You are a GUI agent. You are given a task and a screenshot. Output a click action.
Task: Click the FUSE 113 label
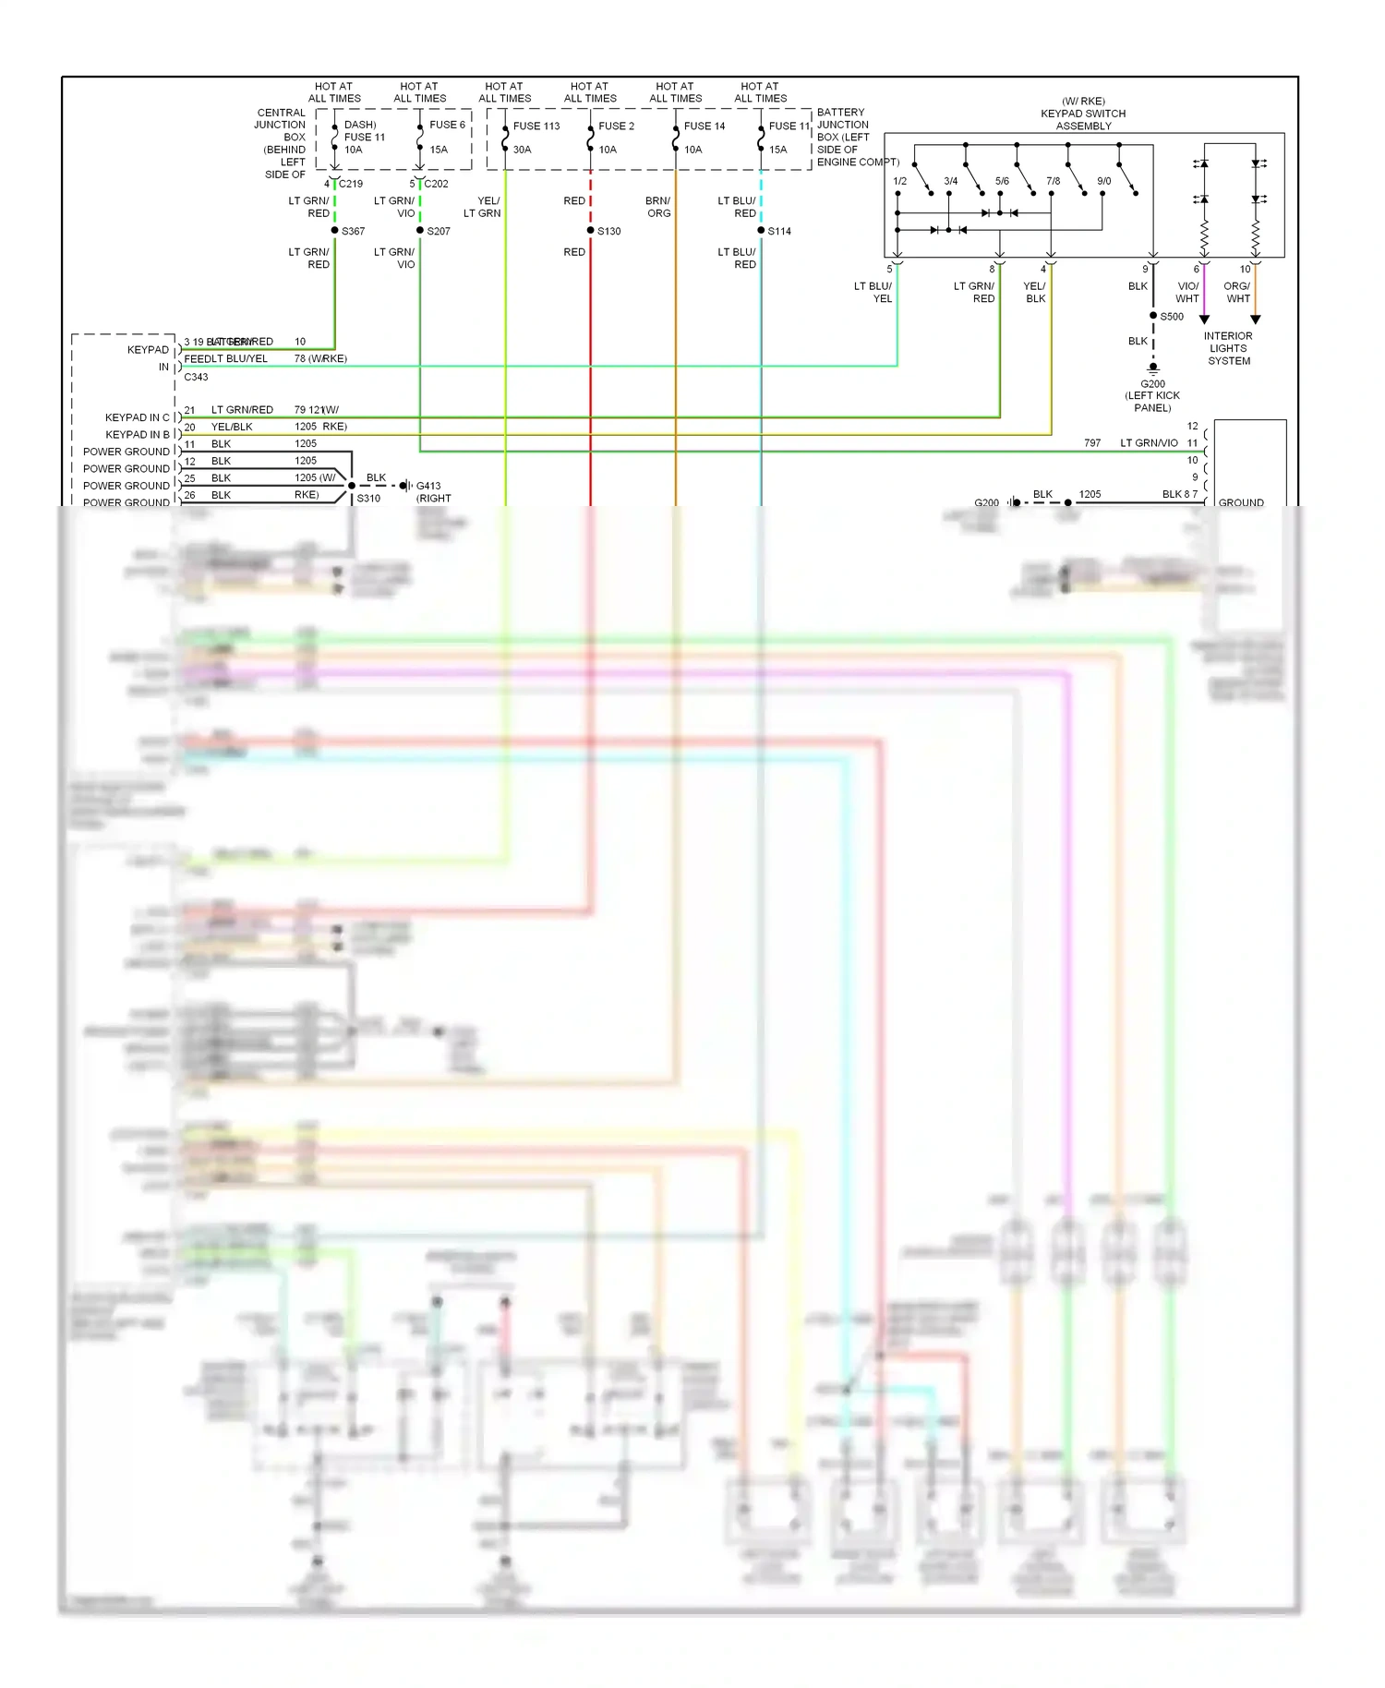click(x=536, y=127)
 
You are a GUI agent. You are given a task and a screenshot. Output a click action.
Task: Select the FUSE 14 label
click(x=705, y=127)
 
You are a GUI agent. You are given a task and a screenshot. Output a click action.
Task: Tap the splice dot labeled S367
click(x=334, y=231)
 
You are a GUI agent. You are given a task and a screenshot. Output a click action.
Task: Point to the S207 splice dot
click(x=420, y=231)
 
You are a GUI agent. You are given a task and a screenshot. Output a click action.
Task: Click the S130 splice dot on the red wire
click(x=591, y=231)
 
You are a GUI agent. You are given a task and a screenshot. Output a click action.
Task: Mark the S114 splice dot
click(x=761, y=231)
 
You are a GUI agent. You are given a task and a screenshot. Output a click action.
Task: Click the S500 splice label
click(x=1172, y=317)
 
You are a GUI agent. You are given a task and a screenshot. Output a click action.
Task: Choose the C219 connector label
click(x=351, y=184)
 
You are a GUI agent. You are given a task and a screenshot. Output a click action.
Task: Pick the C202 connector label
click(x=437, y=184)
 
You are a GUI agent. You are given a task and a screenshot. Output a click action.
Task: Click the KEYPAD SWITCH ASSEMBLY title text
click(x=1083, y=114)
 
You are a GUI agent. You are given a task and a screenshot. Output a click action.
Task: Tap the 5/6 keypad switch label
click(x=1002, y=181)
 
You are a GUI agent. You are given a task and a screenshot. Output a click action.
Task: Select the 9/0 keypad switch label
click(x=1103, y=181)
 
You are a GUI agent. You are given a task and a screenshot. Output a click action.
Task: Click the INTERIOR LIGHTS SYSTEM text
click(x=1228, y=349)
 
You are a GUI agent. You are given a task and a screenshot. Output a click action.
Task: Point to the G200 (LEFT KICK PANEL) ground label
click(x=1152, y=395)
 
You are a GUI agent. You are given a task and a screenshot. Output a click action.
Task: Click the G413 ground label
click(x=428, y=486)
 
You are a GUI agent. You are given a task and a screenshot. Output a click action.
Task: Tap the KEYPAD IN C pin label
click(x=137, y=417)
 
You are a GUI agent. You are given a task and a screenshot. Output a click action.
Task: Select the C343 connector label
click(x=196, y=377)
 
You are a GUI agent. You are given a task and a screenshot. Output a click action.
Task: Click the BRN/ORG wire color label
click(x=658, y=207)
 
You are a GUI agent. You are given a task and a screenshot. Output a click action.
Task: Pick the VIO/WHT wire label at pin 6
click(x=1187, y=293)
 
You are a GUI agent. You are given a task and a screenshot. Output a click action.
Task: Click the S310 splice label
click(x=368, y=499)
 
